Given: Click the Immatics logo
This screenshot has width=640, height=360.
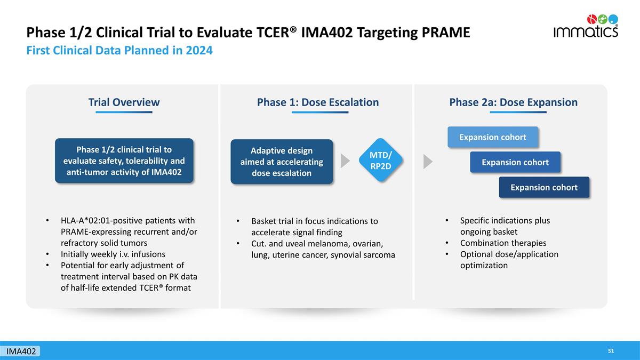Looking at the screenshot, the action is (586, 26).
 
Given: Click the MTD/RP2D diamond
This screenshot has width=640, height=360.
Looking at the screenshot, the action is (381, 160).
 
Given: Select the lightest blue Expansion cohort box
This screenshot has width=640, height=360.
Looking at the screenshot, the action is (493, 137).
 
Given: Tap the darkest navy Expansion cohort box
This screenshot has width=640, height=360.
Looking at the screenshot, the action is (544, 187).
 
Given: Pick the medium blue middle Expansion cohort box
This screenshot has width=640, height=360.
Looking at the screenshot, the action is (515, 162).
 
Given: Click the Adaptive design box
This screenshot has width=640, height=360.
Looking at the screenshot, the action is (282, 162).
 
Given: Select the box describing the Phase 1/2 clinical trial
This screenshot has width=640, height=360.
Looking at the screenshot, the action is (124, 161).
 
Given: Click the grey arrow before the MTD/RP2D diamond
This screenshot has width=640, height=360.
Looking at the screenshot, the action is (345, 161).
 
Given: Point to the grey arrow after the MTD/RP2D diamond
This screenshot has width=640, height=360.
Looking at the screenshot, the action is (428, 162).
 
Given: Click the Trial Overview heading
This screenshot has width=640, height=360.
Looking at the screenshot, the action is (124, 102).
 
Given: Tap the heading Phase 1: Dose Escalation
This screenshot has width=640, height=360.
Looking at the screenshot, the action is (318, 102).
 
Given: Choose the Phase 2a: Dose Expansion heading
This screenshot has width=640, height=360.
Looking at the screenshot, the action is (514, 102).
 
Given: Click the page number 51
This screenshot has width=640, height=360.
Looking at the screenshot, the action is (611, 351).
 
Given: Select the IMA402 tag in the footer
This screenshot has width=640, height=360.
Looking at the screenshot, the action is (21, 351).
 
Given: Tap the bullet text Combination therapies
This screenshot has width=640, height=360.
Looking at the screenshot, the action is (503, 243).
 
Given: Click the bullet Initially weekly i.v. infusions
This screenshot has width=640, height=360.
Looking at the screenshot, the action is (113, 254).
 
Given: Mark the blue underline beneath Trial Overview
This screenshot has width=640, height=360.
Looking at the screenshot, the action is (124, 113).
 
